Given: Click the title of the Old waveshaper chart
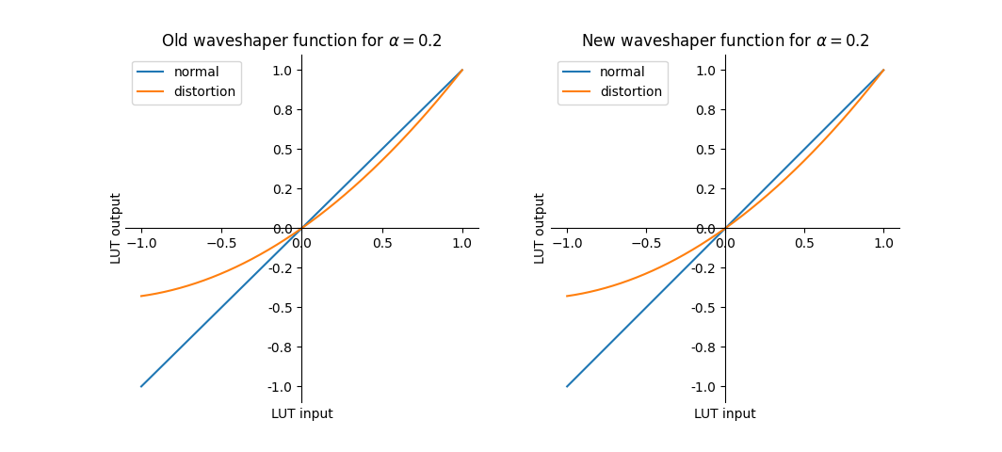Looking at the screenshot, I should point(301,40).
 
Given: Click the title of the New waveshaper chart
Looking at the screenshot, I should point(725,40).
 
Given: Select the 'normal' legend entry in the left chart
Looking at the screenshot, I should point(196,72).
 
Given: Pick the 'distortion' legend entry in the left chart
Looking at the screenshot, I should point(204,92).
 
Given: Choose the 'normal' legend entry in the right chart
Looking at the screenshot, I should point(622,72).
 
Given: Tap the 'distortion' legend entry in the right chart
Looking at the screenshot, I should point(630,92).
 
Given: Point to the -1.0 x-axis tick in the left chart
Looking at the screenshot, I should point(141,243).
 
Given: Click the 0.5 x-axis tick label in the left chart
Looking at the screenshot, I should point(381,243).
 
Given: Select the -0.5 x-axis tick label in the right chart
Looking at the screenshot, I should point(646,243).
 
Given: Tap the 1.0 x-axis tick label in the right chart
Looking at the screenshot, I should point(883,243).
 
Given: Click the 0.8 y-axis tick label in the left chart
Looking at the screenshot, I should point(283,110).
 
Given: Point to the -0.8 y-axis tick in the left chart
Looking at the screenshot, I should point(283,347).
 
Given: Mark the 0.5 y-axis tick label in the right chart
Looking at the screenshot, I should point(708,150).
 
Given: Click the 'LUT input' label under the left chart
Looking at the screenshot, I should point(301,413).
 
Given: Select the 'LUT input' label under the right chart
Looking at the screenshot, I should point(725,413).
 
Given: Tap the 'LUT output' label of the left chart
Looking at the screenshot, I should point(116,228).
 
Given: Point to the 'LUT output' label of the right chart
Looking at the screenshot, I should point(540,228).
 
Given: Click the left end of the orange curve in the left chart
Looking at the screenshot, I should point(141,296).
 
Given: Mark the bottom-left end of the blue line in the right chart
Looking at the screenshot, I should point(567,386).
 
